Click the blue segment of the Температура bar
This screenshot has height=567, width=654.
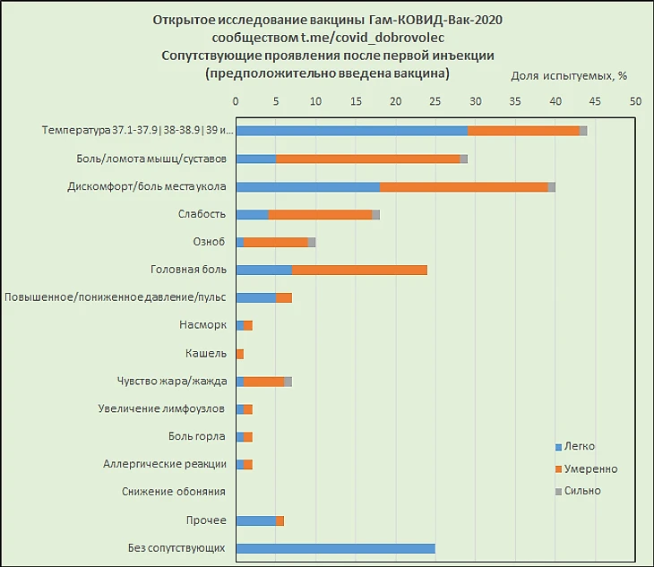coord(351,131)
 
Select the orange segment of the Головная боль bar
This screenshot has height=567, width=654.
coord(359,270)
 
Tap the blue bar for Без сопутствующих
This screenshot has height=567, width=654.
coord(335,548)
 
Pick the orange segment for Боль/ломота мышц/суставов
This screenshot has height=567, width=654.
coord(367,159)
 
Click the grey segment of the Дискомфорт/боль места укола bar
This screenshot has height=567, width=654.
coord(552,186)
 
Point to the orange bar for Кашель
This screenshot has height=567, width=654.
coord(239,354)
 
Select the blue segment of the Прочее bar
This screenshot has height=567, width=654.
coord(255,520)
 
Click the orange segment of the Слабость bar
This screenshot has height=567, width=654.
coord(320,214)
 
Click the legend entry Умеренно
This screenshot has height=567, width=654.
coord(586,468)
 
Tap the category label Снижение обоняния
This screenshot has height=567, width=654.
coord(174,492)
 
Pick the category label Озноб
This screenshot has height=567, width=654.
coord(209,242)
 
